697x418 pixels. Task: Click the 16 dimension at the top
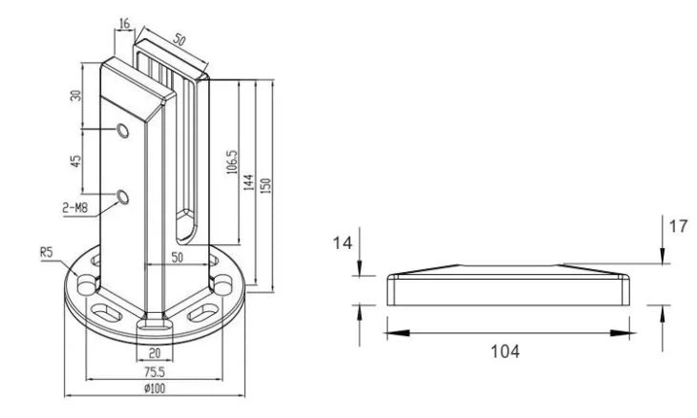point(125,23)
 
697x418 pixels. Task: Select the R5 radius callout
point(47,254)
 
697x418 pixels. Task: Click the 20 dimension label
point(153,353)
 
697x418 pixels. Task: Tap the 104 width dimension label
point(506,351)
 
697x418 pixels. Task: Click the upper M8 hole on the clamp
point(122,130)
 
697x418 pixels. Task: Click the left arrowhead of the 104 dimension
point(393,331)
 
